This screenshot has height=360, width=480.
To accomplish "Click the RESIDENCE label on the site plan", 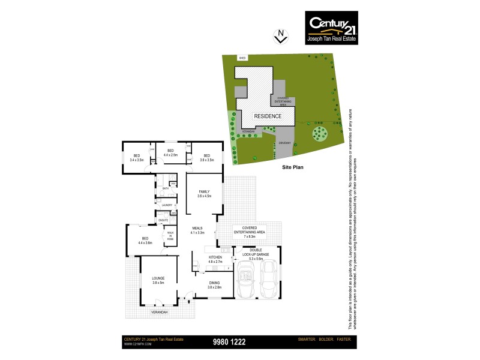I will click(x=267, y=116).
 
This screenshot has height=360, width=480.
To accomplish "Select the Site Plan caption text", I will click(x=293, y=167).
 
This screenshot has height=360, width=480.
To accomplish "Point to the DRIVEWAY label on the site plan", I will click(x=284, y=142).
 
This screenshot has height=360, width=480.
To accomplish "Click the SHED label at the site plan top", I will click(x=242, y=58).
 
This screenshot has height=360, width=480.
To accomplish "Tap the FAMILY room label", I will click(x=205, y=191).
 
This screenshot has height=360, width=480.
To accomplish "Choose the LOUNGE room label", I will click(x=158, y=278).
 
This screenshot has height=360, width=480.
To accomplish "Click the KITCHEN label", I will click(x=215, y=257).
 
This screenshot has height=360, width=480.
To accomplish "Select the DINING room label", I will click(x=215, y=283).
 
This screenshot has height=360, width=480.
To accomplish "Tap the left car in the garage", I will click(x=247, y=281).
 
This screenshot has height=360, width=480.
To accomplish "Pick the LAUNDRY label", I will click(x=166, y=205).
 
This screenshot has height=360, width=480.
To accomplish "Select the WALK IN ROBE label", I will click(x=170, y=236).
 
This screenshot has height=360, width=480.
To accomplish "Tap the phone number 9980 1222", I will click(x=229, y=342).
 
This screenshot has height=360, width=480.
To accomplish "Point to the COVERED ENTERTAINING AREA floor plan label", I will click(x=253, y=231).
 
